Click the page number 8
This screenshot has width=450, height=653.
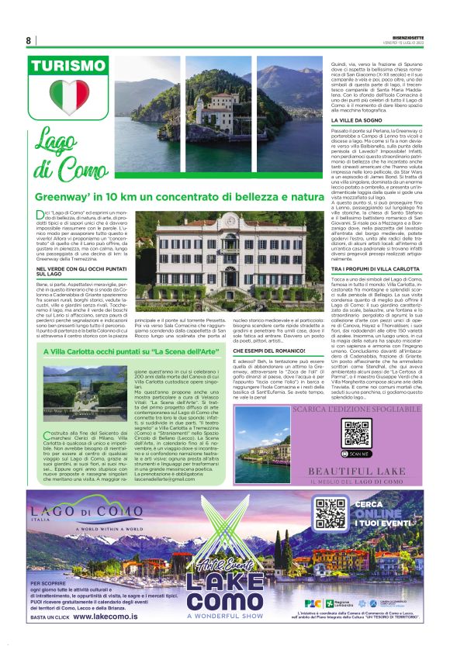click(x=29, y=40)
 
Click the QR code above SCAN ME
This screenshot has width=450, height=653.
click(x=355, y=433)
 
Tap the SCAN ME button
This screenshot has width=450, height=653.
click(x=355, y=452)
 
